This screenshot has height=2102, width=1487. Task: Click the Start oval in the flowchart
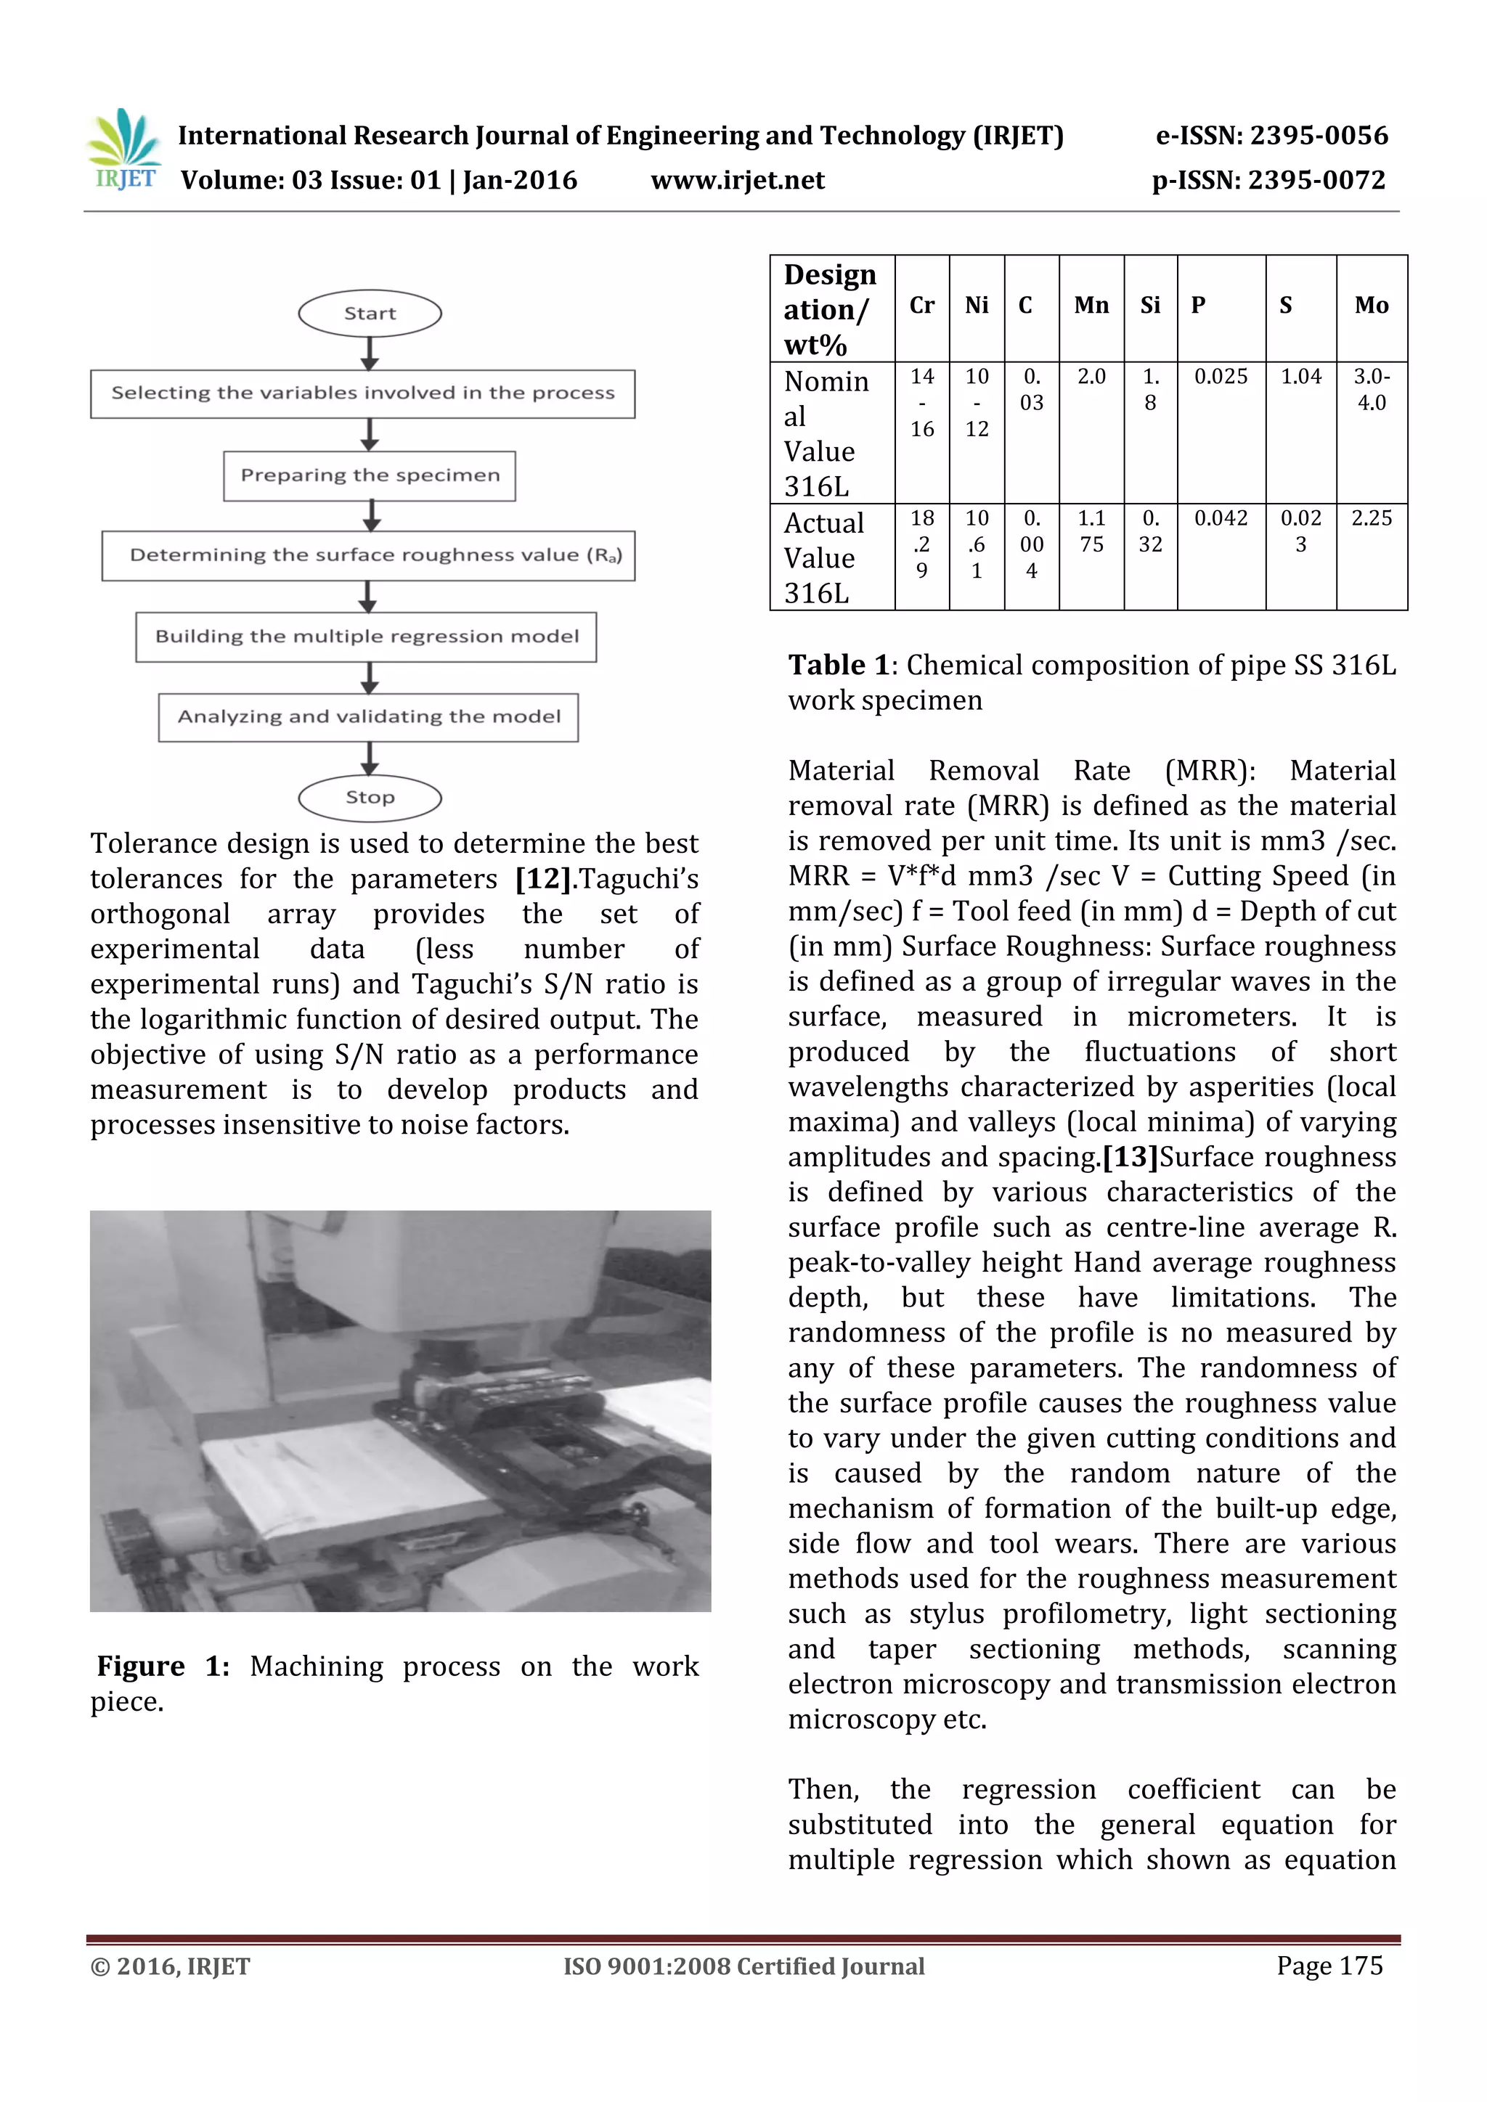click(370, 313)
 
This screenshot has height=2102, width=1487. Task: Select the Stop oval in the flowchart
click(370, 798)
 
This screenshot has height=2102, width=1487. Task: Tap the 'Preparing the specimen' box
click(370, 475)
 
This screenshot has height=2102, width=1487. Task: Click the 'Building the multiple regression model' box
click(366, 637)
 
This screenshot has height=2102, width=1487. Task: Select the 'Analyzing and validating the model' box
click(368, 717)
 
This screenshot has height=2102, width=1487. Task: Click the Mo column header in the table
click(1371, 306)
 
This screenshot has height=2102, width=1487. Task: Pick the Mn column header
click(1091, 306)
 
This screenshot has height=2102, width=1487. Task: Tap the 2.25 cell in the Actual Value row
click(1371, 519)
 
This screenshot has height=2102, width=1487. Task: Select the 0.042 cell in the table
click(1221, 519)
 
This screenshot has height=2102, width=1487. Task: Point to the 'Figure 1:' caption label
click(163, 1667)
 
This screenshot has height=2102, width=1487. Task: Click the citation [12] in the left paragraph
click(544, 879)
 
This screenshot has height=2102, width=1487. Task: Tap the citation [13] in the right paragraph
click(1130, 1157)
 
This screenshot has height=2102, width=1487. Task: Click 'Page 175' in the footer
click(1329, 1966)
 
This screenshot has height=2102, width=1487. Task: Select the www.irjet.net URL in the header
click(737, 180)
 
